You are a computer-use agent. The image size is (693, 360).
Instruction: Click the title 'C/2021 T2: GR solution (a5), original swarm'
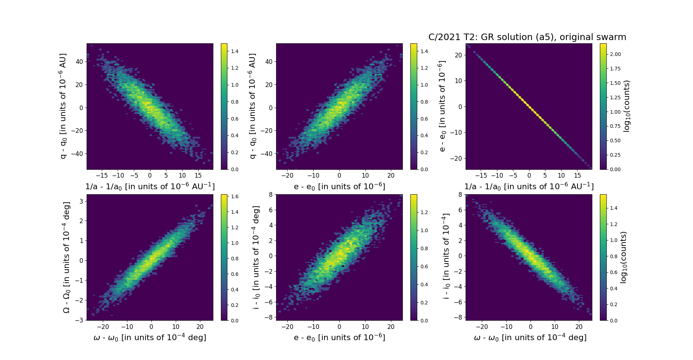527,37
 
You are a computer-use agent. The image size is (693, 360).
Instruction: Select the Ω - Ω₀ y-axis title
67,257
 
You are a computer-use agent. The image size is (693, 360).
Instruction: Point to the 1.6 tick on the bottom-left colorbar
235,197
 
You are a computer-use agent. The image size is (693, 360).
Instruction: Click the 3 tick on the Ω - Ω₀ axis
82,201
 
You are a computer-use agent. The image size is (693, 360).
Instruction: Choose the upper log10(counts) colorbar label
627,106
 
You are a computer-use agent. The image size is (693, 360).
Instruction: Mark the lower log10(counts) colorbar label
623,257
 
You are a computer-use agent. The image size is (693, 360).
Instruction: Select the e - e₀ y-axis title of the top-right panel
443,106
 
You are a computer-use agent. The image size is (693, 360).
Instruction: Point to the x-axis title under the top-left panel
150,187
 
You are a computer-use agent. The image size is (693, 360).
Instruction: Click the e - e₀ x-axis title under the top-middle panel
339,187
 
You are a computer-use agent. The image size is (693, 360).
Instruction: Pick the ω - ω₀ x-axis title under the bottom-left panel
150,338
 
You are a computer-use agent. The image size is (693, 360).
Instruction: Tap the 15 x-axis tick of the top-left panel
198,175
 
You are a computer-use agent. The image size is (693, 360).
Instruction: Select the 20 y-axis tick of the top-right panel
458,55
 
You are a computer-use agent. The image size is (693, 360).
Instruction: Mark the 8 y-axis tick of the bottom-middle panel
270,195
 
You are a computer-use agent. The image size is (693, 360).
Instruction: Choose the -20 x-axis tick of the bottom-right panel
482,327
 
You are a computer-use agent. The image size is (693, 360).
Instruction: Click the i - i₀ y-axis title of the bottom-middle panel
256,257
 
